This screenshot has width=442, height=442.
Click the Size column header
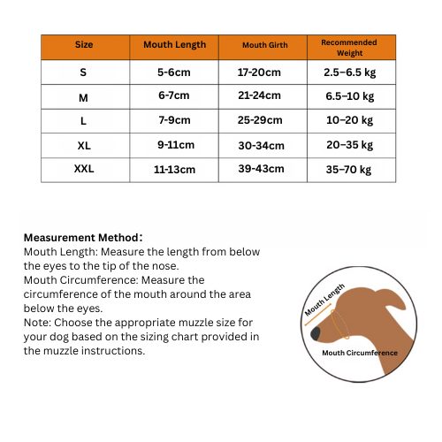point(84,45)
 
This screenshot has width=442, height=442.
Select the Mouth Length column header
point(174,45)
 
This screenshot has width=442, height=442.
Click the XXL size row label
point(84,168)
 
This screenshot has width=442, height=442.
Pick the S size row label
point(84,72)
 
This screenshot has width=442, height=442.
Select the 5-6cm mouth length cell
point(174,72)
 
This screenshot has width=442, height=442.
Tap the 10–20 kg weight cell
point(349,120)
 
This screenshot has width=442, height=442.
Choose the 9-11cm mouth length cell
point(174,145)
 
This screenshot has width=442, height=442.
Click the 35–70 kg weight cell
point(349,169)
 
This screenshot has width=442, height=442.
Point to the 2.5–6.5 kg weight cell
point(349,72)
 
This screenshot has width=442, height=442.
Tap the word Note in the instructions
point(36,322)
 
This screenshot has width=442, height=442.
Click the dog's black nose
point(316,333)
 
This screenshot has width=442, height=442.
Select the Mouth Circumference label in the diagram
point(360,353)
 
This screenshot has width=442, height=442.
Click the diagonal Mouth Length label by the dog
point(324,301)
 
